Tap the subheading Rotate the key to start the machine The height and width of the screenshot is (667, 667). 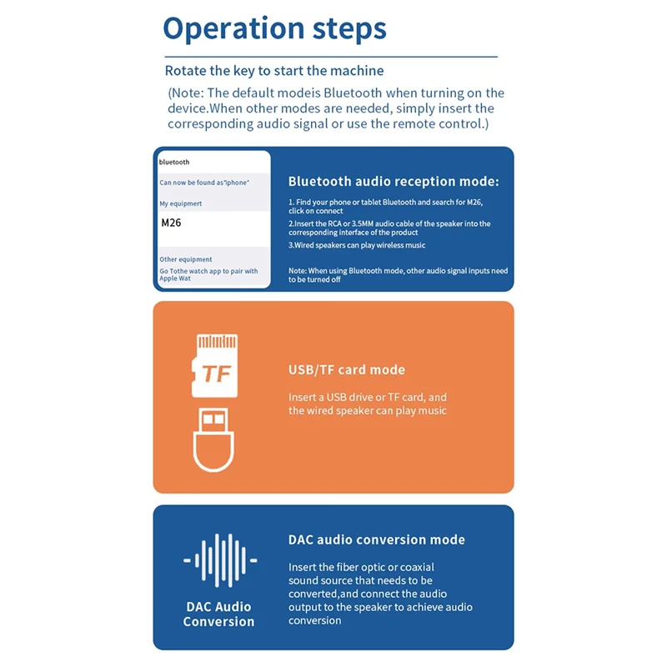(x=274, y=71)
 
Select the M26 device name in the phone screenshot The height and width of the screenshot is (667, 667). (x=171, y=223)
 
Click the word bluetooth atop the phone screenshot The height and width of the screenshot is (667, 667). (x=174, y=162)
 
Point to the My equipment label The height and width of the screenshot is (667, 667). (x=181, y=203)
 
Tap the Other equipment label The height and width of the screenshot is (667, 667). (x=186, y=259)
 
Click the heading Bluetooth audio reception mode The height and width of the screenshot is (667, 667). (x=394, y=181)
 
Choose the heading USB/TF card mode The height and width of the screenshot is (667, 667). (x=347, y=370)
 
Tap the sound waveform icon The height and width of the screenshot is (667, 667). (x=219, y=560)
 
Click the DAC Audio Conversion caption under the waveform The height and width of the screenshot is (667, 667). (x=218, y=614)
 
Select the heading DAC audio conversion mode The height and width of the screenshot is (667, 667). (x=377, y=540)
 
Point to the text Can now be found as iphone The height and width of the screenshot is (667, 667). (x=204, y=183)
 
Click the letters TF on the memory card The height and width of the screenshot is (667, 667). (x=217, y=374)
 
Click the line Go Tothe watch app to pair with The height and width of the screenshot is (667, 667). (x=208, y=271)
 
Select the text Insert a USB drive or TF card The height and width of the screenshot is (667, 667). (x=368, y=397)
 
